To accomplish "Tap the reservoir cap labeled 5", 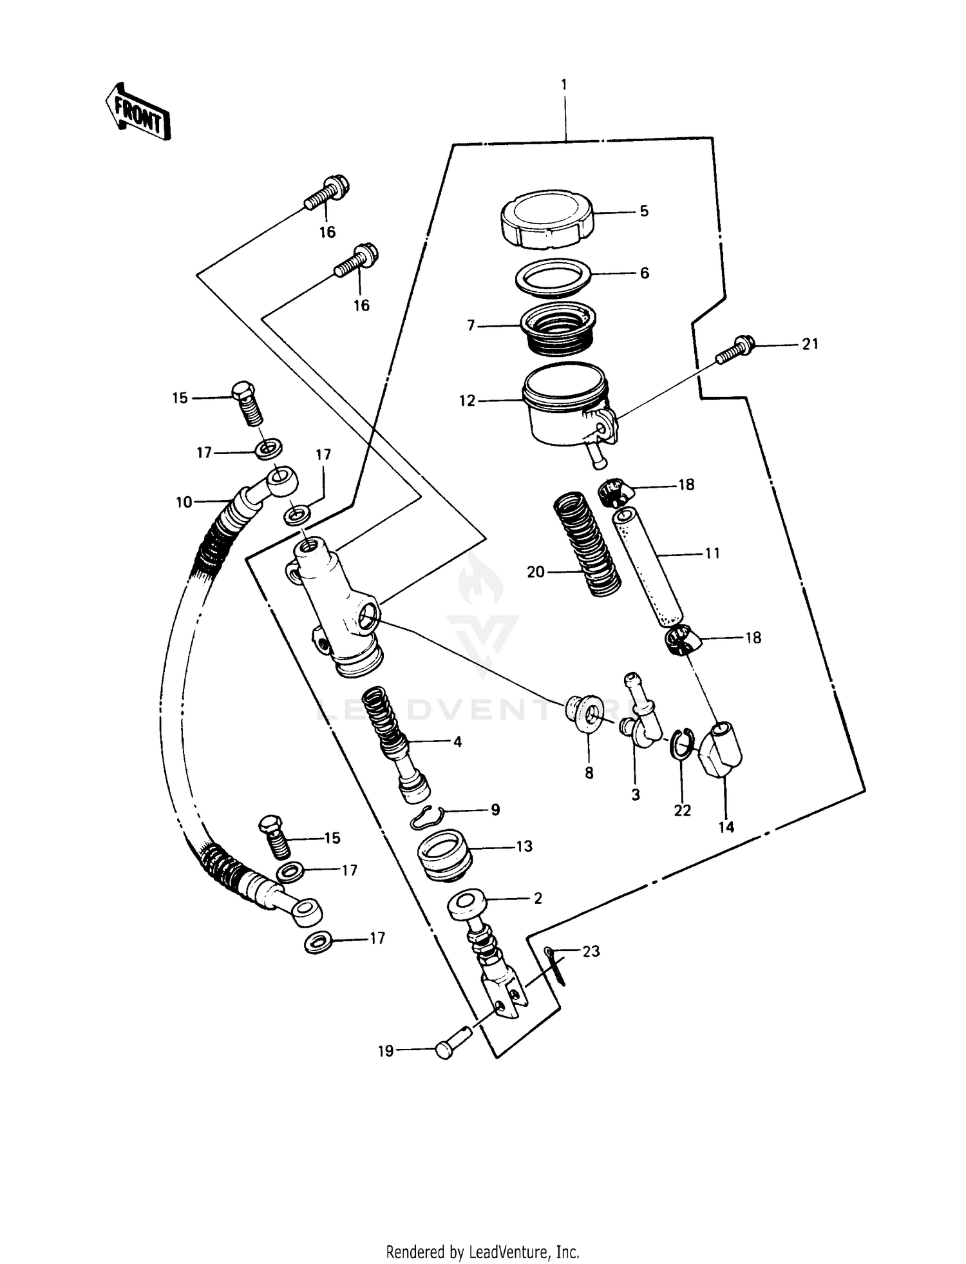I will point(547,218).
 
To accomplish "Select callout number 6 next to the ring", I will point(645,273).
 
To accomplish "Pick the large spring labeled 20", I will point(587,544).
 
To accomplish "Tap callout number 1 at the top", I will point(564,84).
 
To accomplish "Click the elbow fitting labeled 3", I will point(641,715).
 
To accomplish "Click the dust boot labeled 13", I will point(444,854).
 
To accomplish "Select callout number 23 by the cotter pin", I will point(591,951).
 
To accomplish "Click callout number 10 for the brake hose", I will point(184,502).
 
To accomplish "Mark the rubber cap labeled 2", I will point(470,905).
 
